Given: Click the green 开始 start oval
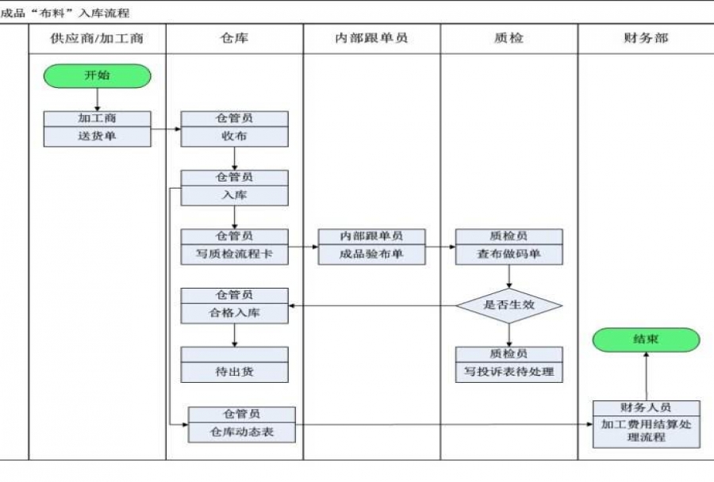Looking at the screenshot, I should [97, 76].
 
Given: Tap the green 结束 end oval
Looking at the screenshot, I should [646, 339].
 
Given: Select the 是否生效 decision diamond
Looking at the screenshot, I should [509, 305].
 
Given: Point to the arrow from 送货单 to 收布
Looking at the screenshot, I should [165, 128].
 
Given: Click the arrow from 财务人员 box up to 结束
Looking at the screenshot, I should [646, 376].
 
